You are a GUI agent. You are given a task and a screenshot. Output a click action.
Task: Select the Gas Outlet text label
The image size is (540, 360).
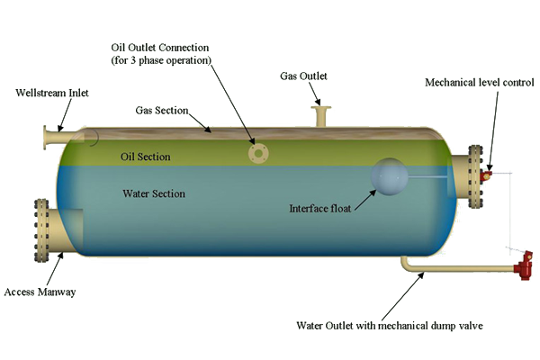pos(304,78)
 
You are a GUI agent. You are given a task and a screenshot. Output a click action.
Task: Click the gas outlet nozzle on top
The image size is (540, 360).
pos(321,115)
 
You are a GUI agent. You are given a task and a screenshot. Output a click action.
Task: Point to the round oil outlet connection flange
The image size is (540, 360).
pos(259,154)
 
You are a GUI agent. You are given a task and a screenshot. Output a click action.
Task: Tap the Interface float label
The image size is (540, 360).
pos(320,208)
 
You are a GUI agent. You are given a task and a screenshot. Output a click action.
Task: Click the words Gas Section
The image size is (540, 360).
pos(162,111)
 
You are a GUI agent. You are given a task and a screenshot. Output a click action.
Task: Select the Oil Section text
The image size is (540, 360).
pos(147,157)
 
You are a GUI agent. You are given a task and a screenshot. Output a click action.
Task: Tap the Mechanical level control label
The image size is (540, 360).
pos(476,84)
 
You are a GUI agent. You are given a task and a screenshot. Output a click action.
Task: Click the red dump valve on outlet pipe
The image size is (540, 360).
pos(521,266)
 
